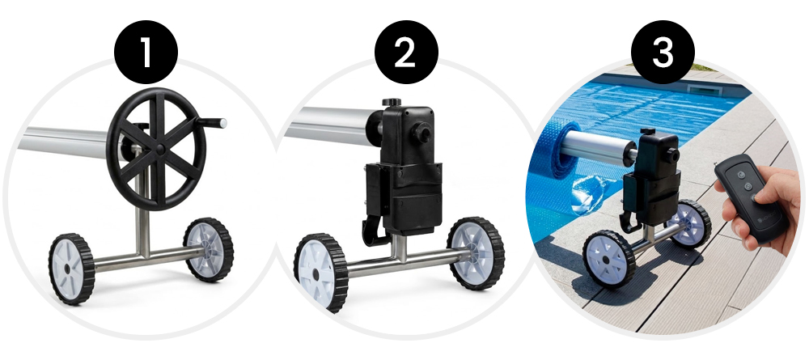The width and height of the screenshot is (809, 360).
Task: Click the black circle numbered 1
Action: pos(146,52)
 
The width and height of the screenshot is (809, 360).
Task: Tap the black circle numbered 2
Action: pos(406,52)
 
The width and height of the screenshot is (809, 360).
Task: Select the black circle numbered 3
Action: pos(663,52)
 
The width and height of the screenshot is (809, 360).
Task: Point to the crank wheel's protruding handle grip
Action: pos(212,123)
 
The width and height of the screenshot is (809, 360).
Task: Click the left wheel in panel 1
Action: pos(72,269)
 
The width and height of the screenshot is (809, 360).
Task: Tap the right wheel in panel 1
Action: pos(209,249)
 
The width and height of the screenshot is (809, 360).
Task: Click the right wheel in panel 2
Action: pos(476,252)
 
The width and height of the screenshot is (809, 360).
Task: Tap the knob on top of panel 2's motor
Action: pos(392,102)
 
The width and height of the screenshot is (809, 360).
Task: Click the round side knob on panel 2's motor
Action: pos(423,133)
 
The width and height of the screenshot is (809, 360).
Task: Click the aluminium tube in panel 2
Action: pos(330,125)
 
